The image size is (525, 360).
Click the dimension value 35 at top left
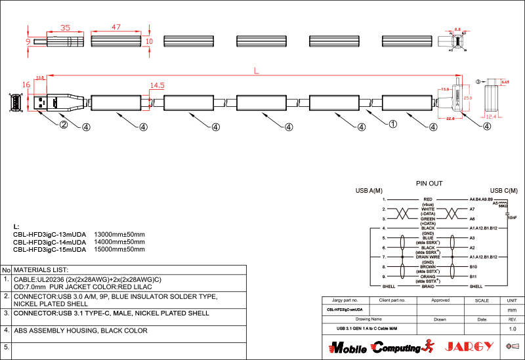(65, 28)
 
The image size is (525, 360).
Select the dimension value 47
(115, 28)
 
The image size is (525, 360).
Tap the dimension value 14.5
(157, 86)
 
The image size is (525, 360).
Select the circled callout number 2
(64, 124)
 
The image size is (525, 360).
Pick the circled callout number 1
(393, 123)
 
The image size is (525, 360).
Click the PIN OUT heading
(429, 184)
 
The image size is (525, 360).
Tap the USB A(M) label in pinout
(369, 191)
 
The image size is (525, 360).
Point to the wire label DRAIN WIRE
(428, 257)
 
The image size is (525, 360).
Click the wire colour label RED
(428, 199)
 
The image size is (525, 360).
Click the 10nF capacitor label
(512, 217)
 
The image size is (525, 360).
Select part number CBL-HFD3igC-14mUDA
(50, 242)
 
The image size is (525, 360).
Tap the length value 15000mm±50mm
(119, 249)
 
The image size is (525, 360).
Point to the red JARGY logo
(468, 346)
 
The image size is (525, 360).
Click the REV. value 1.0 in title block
(513, 329)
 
